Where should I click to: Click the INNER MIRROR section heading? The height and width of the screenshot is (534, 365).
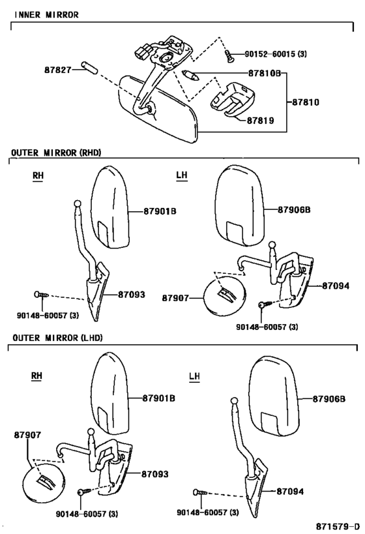tap(47, 14)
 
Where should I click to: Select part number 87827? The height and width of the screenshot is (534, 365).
tap(58, 70)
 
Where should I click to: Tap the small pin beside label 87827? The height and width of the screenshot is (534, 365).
tap(90, 67)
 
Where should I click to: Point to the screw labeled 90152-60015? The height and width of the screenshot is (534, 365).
tap(229, 56)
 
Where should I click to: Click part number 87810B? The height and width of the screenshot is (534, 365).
tap(264, 73)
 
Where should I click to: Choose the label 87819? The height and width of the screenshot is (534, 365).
tap(260, 121)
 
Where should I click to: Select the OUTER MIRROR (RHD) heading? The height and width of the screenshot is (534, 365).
tap(57, 153)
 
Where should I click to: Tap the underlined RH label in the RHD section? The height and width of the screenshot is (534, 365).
tap(38, 176)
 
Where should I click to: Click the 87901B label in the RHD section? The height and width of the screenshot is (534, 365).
tap(160, 211)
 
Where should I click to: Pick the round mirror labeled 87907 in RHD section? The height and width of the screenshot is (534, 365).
tap(224, 296)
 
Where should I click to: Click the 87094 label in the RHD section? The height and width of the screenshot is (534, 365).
tap(336, 286)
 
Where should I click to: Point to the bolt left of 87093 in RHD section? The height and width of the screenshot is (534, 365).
tap(42, 295)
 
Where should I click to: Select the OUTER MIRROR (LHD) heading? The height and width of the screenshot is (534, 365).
tap(57, 338)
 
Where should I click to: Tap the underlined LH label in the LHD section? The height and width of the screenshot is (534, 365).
tap(194, 377)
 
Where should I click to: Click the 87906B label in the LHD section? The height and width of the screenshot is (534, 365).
tap(329, 398)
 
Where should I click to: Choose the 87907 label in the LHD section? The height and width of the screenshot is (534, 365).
tap(27, 435)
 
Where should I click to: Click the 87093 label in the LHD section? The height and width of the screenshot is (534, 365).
tap(155, 474)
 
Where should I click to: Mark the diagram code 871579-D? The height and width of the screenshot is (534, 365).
tap(338, 526)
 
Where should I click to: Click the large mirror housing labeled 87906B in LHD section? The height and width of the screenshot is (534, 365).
tap(274, 395)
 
